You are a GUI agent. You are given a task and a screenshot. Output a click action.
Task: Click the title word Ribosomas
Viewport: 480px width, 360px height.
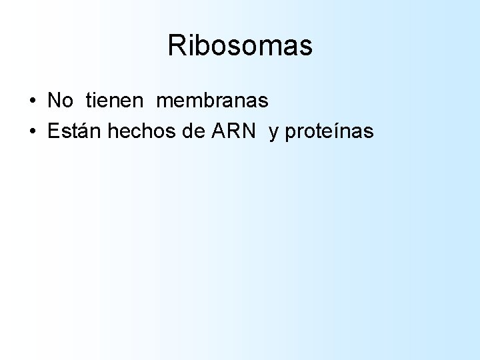[240, 46]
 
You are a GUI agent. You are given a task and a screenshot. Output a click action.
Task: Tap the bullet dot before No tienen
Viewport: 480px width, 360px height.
[33, 102]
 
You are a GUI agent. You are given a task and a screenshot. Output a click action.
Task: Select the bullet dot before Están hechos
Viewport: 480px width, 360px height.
[33, 132]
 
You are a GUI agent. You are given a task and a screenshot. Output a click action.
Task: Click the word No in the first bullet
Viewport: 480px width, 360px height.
[61, 101]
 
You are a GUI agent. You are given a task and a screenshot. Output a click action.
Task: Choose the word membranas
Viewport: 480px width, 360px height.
[212, 101]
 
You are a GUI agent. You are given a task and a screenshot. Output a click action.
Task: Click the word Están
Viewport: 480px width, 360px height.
[75, 131]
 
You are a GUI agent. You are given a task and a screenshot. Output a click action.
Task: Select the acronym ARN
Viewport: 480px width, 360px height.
[233, 131]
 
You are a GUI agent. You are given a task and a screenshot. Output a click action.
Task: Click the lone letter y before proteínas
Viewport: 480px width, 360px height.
[273, 133]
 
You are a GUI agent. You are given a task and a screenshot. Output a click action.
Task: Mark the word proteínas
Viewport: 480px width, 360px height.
[329, 132]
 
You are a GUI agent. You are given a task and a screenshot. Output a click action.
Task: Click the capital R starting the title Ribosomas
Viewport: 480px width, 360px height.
[177, 46]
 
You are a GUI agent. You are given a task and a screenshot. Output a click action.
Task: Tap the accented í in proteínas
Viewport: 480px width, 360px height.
[337, 131]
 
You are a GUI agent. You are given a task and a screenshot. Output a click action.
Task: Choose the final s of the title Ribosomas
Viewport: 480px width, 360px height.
[305, 47]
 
